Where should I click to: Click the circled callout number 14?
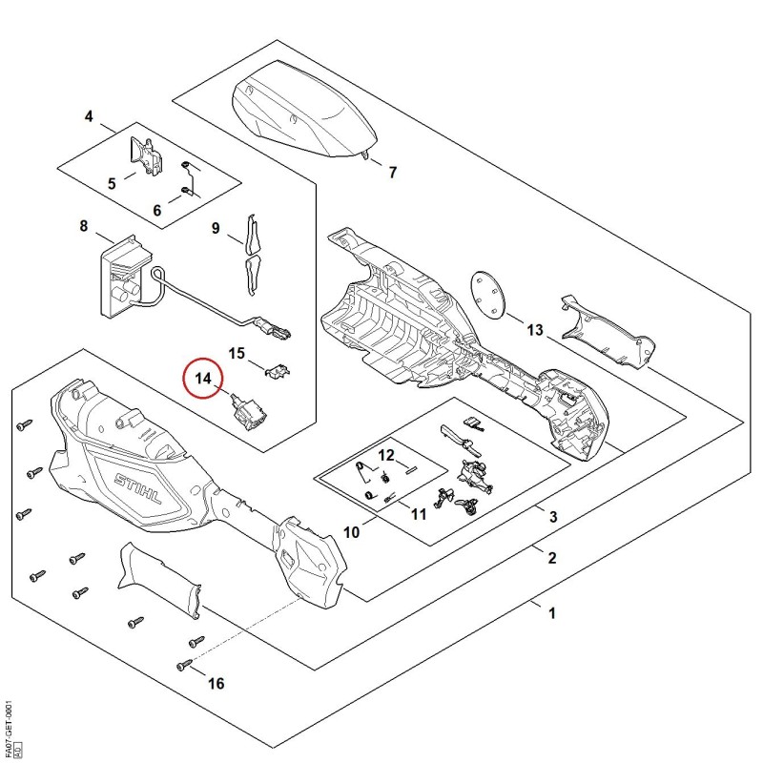203,378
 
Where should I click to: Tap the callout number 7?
393,173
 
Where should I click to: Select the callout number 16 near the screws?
217,684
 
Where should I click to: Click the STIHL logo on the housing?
138,489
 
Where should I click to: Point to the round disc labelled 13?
488,295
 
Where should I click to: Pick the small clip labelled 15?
278,370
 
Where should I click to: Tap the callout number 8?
84,226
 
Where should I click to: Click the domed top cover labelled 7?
304,108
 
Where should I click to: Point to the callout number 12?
386,456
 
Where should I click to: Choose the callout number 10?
351,532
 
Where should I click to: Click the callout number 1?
552,613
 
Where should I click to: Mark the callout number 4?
89,116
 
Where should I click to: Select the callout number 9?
216,228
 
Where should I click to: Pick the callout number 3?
553,516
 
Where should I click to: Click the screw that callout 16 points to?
185,663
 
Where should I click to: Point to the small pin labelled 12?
411,469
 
